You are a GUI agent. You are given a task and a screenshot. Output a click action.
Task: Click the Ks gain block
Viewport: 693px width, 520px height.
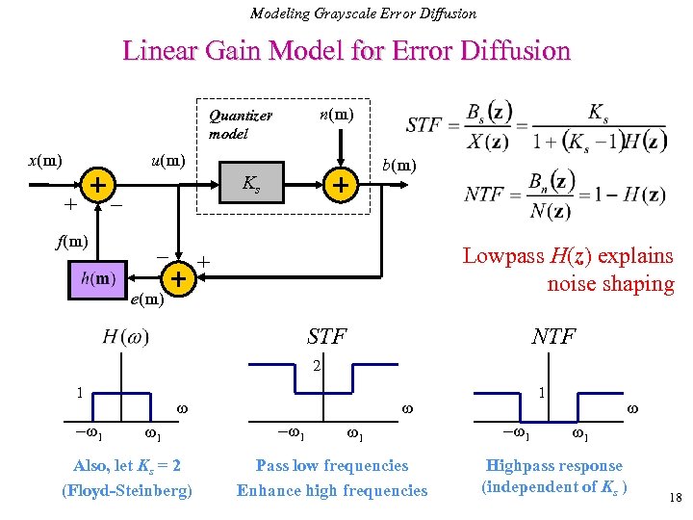coord(250,183)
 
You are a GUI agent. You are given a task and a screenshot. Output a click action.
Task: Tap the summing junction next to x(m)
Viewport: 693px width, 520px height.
coord(97,183)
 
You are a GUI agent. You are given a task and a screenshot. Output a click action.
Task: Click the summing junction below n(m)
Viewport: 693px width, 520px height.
coord(339,183)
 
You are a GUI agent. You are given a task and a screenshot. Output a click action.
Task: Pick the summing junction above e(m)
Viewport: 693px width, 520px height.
coord(177,279)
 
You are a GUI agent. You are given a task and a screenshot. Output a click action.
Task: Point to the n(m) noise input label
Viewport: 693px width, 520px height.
coord(336,115)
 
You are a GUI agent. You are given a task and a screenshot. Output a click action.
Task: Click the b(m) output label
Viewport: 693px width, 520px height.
coord(399,165)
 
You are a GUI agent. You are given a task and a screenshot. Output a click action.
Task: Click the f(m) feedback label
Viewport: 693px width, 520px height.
coord(71,241)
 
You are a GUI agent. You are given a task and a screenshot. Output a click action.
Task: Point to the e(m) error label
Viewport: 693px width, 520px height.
coord(147,300)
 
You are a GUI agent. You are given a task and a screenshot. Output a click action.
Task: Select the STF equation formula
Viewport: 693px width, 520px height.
coord(534,125)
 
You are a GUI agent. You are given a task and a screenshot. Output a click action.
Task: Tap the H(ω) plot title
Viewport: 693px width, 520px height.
coord(126,337)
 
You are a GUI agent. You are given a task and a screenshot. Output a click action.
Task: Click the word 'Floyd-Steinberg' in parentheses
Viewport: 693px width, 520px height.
coord(126,490)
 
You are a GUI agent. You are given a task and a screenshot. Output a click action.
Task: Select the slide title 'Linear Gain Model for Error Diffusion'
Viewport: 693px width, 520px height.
coord(346,50)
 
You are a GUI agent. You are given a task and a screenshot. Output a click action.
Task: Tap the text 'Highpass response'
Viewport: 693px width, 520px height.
coord(554,465)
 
